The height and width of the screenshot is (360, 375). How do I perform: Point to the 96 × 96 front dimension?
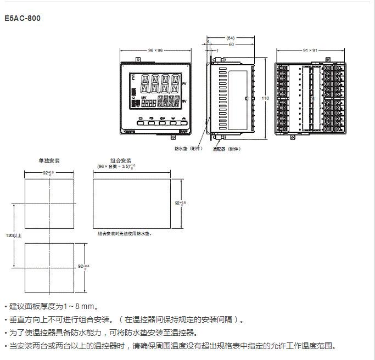(x=155, y=50)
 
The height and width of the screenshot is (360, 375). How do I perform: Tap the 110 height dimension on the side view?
(x=266, y=98)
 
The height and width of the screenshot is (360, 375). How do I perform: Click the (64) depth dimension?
(x=230, y=38)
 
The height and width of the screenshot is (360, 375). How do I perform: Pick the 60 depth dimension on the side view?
(x=231, y=44)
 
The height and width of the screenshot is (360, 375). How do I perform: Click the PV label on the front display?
(x=184, y=84)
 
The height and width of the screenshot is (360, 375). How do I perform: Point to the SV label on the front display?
(x=184, y=102)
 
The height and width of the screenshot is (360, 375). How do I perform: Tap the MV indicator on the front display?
(x=144, y=98)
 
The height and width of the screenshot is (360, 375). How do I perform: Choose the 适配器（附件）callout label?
(x=226, y=148)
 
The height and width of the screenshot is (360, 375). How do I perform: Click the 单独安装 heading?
(x=49, y=161)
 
